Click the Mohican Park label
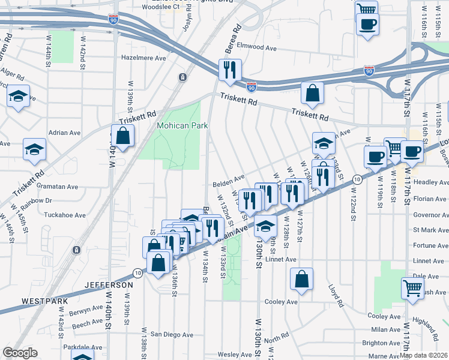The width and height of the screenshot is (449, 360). pos(182,126)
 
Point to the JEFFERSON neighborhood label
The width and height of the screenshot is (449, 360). pos(109,285)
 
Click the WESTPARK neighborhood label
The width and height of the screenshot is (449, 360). pos(42,300)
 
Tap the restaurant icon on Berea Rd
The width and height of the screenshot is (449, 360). pos(230,71)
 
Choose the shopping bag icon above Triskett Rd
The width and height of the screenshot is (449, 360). pos(312,93)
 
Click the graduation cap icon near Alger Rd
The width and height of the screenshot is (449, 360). pos(19,97)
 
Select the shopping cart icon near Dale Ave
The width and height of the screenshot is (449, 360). pos(412,288)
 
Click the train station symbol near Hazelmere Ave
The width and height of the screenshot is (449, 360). pos(182,77)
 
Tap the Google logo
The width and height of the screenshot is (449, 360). pos(20,353)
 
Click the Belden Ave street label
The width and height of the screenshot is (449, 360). pos(228,178)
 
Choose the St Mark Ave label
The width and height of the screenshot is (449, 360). pos(428,230)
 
